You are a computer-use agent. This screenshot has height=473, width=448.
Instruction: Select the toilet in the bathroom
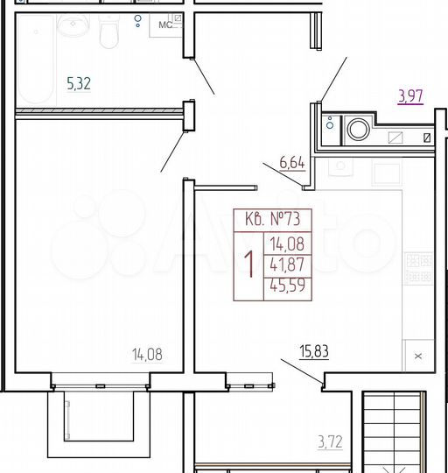[109, 33]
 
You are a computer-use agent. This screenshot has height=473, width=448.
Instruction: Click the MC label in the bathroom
[164, 25]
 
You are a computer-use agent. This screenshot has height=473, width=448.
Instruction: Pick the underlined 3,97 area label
[410, 96]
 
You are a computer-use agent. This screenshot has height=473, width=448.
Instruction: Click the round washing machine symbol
[359, 131]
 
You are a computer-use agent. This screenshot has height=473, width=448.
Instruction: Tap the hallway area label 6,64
[291, 161]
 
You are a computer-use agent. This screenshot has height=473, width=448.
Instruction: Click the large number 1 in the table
[248, 263]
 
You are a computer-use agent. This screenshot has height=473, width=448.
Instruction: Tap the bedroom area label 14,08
[147, 355]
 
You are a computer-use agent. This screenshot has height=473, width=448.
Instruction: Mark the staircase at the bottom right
[397, 434]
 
